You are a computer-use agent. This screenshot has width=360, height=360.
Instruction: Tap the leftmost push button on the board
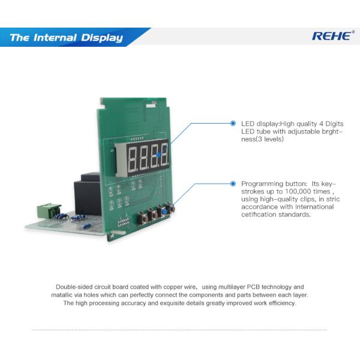click(143, 217)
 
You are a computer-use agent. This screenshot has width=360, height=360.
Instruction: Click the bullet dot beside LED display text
click(233, 123)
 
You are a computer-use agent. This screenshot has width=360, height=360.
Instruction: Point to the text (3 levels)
click(268, 139)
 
